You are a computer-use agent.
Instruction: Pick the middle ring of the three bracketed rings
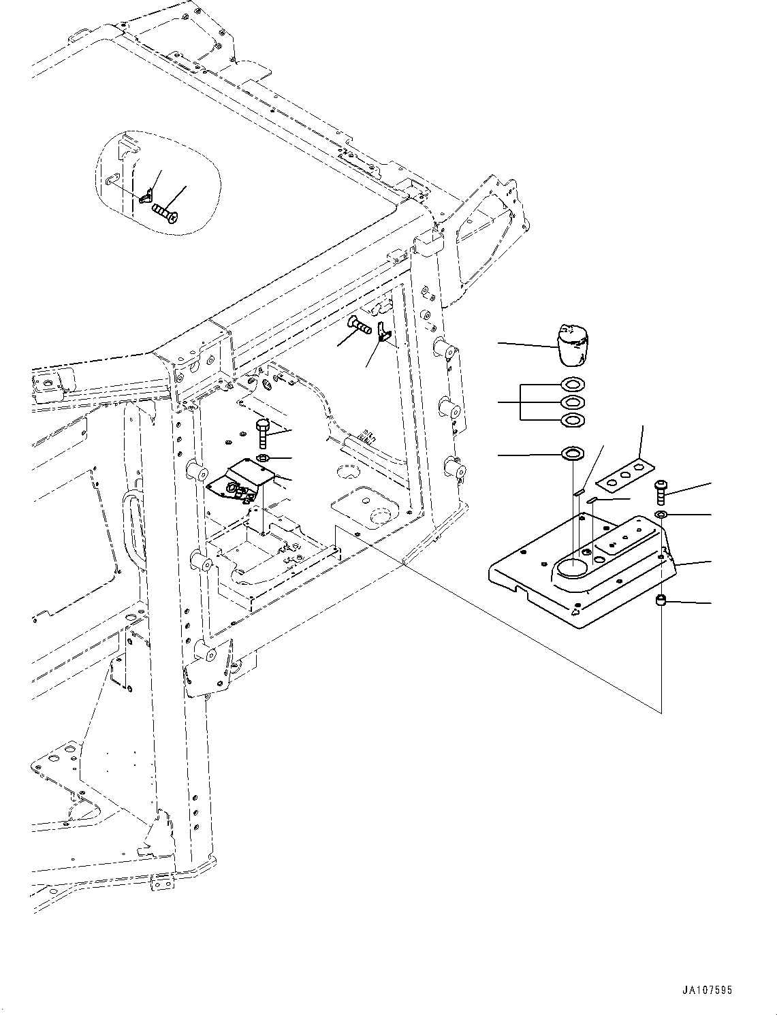click(571, 403)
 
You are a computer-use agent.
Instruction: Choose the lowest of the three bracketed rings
click(571, 420)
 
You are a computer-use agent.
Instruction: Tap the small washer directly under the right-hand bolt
click(661, 513)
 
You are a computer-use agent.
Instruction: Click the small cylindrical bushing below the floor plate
click(660, 600)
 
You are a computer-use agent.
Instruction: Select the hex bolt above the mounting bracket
click(264, 433)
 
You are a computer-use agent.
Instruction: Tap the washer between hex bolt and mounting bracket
click(264, 457)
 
